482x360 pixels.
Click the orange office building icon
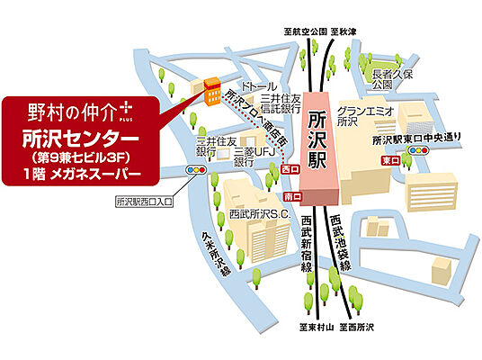pyautogui.click(x=210, y=90)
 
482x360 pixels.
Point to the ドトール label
pyautogui.click(x=245, y=80)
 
